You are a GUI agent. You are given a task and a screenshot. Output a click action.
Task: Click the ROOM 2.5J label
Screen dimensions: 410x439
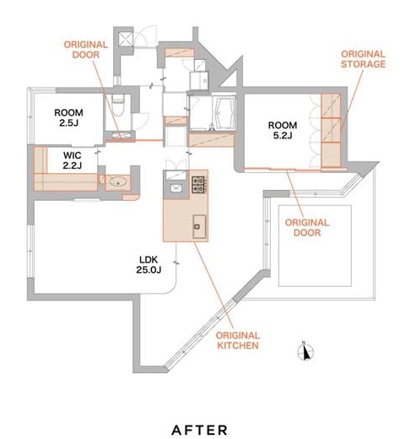pos(68,117)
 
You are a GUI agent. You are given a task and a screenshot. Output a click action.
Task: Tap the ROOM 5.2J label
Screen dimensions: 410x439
pos(283,130)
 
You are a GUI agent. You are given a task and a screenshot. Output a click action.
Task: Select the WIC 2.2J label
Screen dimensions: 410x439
pos(73,160)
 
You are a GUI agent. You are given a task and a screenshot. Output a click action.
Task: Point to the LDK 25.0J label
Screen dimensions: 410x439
pos(148,264)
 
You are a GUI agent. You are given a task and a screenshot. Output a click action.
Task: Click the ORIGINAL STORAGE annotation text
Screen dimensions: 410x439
pos(363,59)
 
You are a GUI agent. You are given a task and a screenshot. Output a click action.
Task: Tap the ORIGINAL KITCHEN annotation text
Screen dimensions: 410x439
pos(238,340)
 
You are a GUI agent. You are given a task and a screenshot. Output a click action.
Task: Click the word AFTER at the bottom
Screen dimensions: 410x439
pos(199,430)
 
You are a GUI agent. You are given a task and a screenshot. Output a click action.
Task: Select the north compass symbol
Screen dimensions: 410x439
pos(305,351)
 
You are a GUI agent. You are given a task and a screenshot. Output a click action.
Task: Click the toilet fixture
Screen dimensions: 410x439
pos(118,105)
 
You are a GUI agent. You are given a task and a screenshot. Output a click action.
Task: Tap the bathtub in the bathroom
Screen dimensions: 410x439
pos(224,114)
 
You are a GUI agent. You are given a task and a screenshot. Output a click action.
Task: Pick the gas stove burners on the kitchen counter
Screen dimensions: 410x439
pos(199,185)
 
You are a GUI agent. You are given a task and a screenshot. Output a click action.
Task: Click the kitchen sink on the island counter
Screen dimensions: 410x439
pos(199,226)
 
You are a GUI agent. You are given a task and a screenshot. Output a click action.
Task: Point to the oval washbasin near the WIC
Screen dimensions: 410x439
pos(118,182)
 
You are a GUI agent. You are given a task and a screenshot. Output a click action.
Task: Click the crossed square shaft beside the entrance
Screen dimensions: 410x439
pos(126,39)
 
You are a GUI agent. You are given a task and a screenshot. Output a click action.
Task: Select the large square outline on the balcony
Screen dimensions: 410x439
pos(315,246)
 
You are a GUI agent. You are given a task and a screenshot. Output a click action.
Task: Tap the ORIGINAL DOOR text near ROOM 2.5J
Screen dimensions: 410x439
pos(85,50)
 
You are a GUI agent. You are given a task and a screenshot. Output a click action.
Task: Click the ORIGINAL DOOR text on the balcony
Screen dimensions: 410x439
pos(307,228)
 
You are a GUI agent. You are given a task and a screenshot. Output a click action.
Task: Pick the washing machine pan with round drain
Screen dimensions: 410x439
pos(199,80)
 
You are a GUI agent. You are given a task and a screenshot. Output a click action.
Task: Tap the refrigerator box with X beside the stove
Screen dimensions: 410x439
pos(176,188)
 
